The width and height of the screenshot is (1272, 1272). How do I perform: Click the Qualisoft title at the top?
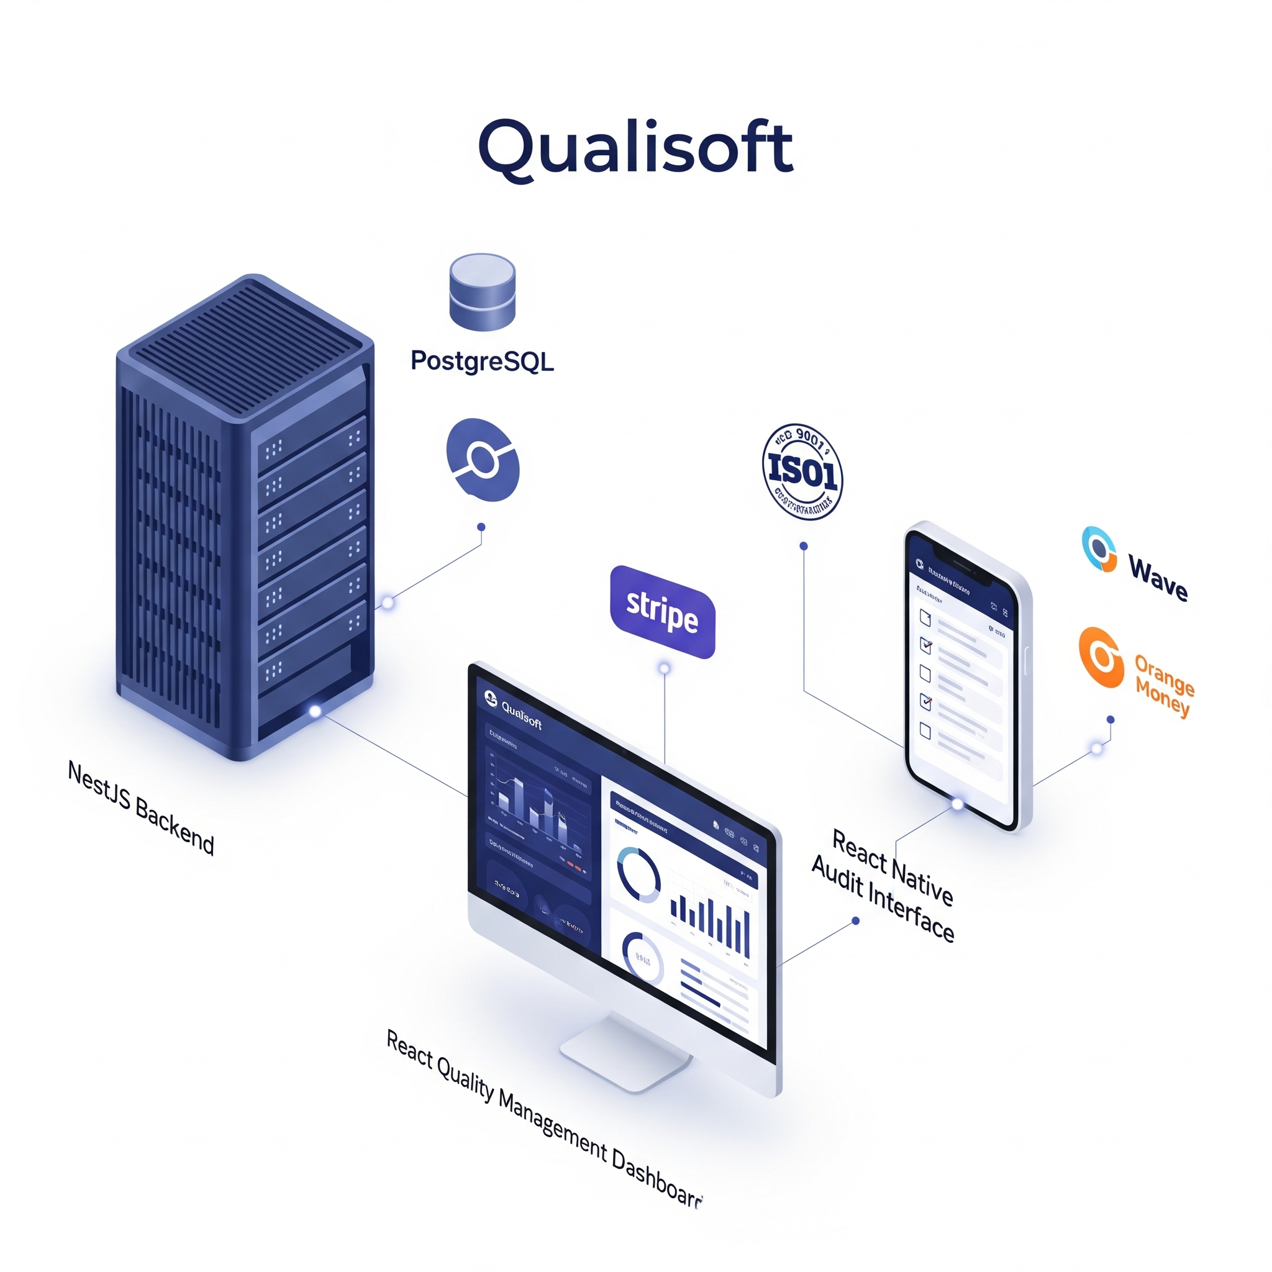[635, 149]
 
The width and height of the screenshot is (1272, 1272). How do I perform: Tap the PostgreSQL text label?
[482, 361]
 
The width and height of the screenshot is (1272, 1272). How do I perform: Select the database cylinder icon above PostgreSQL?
[482, 292]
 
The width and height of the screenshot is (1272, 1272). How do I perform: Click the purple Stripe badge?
[662, 612]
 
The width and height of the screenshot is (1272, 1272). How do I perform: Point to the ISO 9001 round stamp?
[802, 471]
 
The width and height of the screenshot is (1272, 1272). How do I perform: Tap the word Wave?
[1158, 578]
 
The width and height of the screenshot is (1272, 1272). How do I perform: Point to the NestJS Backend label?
[141, 807]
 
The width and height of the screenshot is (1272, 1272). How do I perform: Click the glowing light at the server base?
[315, 711]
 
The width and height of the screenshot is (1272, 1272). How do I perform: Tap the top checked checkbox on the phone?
[925, 645]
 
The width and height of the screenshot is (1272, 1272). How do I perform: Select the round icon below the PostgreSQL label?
[483, 459]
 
